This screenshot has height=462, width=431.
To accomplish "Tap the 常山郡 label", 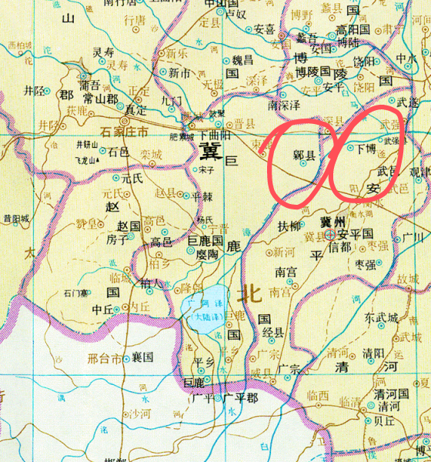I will tap(101, 99).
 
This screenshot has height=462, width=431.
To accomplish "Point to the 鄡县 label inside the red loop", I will tap(304, 156).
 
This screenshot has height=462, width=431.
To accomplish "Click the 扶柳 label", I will tap(289, 226).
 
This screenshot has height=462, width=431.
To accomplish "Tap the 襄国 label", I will tap(142, 357).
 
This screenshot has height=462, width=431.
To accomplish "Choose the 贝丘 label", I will tap(383, 421).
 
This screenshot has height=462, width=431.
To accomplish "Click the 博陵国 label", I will tap(313, 72).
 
